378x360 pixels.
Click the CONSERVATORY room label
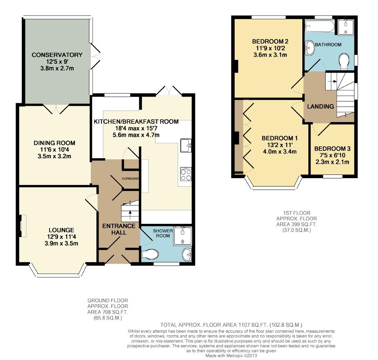(x=57, y=55)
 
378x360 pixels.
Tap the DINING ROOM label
(x=54, y=143)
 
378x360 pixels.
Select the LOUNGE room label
(x=61, y=230)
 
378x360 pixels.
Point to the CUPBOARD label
(x=130, y=179)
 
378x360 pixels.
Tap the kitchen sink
(x=186, y=145)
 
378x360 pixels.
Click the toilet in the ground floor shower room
(x=150, y=254)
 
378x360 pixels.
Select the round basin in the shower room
(x=187, y=255)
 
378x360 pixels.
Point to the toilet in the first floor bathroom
(x=344, y=62)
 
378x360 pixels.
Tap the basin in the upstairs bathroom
(x=310, y=48)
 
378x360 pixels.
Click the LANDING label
(x=320, y=106)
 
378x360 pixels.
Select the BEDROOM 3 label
(x=333, y=149)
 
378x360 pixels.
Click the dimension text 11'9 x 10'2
(x=270, y=48)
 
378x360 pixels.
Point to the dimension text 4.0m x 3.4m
(x=280, y=152)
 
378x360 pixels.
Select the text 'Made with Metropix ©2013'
(x=231, y=356)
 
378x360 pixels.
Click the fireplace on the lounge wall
(x=23, y=226)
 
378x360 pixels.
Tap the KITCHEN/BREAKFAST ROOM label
(x=136, y=122)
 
